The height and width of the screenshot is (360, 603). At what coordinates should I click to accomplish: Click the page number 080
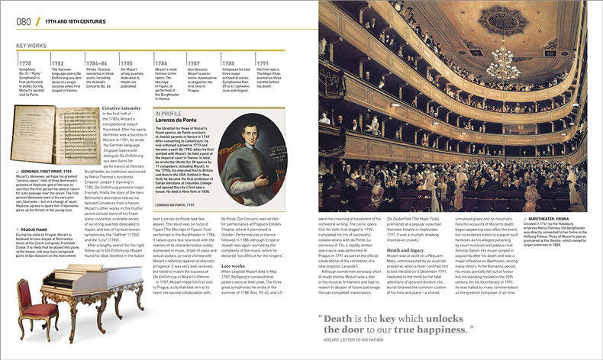point(24,21)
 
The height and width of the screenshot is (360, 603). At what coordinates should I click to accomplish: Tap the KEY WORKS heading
point(32,47)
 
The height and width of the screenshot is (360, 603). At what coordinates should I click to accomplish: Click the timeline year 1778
point(24,64)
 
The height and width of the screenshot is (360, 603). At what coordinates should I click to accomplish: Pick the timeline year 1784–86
point(96,64)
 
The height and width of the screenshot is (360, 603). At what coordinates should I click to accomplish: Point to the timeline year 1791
point(262,64)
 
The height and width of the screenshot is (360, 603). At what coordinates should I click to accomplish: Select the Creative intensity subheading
point(121,109)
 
